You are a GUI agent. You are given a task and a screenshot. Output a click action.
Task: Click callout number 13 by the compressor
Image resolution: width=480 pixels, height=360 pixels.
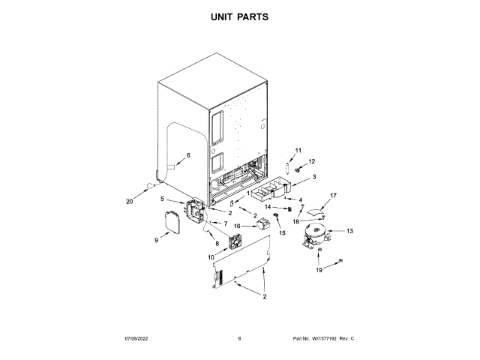coord(349,231)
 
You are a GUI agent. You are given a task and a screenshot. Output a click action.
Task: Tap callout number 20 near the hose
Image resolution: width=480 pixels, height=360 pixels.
coord(129,200)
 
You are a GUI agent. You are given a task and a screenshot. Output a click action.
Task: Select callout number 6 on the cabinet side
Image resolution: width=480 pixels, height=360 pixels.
coord(188,155)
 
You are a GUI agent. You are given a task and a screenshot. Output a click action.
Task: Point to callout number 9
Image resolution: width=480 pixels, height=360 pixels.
coord(157,240)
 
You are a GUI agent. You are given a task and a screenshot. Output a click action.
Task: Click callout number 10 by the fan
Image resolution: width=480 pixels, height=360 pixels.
coord(200,257)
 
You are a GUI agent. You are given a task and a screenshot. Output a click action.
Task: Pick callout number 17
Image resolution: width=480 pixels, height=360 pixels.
coord(334,196)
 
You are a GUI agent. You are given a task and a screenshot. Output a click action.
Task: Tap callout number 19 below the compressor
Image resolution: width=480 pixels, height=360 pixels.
coord(319,269)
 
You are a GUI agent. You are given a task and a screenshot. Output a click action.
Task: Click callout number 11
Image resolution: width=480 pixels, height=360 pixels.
coord(297,151)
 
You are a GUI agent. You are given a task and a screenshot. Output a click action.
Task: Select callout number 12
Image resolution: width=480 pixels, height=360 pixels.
coord(313,161)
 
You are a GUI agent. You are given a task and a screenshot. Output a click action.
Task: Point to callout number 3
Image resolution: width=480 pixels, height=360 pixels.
coord(313,177)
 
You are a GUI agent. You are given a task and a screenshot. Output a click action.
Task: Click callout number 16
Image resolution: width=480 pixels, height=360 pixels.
coord(238,225)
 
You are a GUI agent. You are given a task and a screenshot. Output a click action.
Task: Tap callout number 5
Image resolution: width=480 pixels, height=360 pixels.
coord(163,199)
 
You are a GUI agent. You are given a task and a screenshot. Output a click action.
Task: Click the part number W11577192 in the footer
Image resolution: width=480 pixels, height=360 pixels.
coord(334,340)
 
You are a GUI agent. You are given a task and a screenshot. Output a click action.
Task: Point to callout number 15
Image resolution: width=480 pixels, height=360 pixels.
coord(283,233)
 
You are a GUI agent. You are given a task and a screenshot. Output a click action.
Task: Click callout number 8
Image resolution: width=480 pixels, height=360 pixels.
coord(217,244)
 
